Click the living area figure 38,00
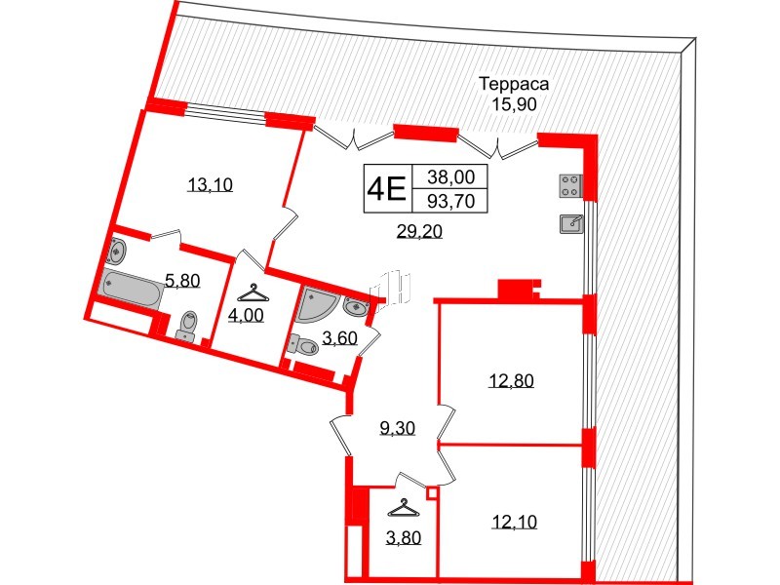pos(450,176)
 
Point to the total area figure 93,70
pos(450,201)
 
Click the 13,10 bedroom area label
pos(211,185)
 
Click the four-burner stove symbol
pos(570,185)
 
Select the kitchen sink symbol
pos(570,223)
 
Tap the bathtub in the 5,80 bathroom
pos(130,290)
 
